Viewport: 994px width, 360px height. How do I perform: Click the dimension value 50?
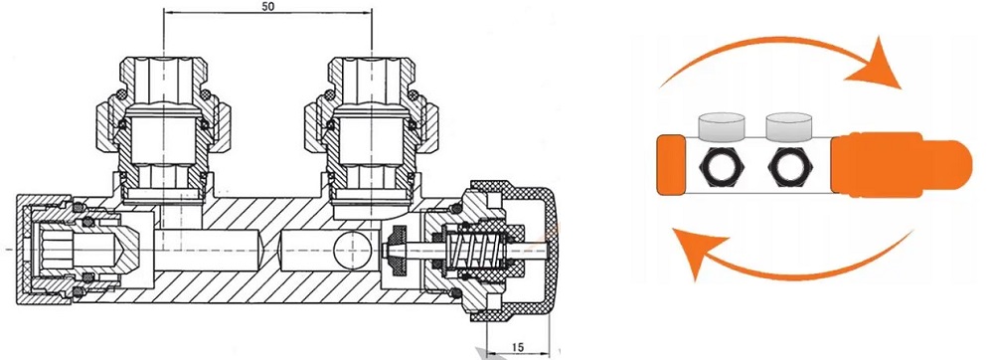point(267,8)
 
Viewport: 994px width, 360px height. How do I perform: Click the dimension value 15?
point(517,347)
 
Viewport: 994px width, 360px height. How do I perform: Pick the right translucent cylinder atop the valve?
point(789,127)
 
